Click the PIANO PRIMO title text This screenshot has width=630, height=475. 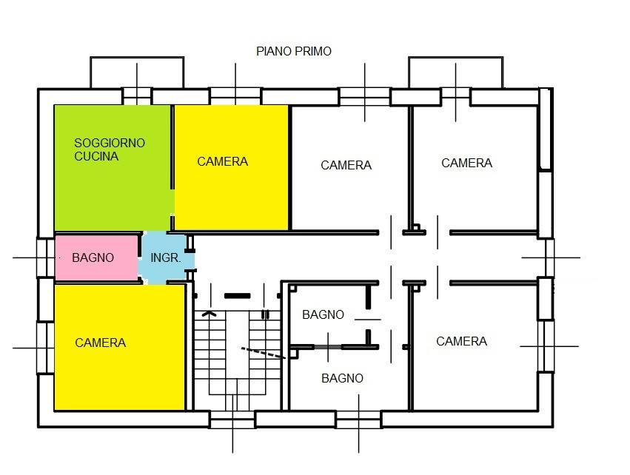294,51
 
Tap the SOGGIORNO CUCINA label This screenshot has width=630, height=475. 110,149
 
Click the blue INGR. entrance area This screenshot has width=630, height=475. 166,257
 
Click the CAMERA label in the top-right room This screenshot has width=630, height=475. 466,163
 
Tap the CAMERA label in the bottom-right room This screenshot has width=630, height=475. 461,341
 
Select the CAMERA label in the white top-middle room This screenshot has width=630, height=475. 346,165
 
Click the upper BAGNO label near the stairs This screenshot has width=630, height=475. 323,314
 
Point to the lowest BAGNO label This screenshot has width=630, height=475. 342,378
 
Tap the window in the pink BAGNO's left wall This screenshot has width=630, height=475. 46,257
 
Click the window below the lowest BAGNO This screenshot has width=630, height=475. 358,420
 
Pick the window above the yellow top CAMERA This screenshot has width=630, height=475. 235,96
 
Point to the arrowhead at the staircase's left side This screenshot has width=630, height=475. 210,314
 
